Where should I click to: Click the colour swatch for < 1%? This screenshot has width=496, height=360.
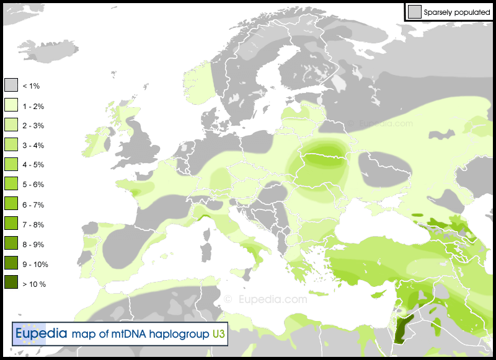[x=11, y=85]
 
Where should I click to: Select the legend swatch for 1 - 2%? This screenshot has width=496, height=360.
[x=11, y=105]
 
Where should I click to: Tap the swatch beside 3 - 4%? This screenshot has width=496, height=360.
[x=11, y=145]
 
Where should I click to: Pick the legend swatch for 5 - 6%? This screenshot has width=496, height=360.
[x=11, y=184]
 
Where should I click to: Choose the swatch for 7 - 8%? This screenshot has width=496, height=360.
[x=11, y=224]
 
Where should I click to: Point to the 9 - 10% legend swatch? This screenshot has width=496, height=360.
[x=11, y=263]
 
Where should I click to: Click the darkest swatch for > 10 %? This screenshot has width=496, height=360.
[x=11, y=283]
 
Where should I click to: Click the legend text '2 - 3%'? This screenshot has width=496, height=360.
[x=33, y=126]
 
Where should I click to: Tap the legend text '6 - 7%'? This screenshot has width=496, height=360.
[x=33, y=204]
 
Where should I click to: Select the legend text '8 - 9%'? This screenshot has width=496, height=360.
[x=33, y=244]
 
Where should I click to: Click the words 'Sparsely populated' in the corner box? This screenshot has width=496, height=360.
[x=457, y=12]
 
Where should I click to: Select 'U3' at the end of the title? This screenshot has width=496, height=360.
[x=218, y=335]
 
